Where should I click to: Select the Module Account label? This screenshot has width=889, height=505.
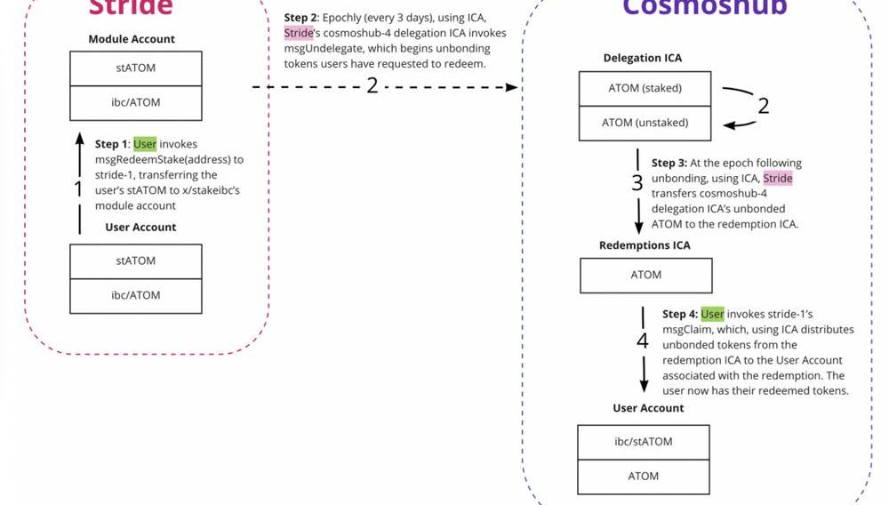pos(132,39)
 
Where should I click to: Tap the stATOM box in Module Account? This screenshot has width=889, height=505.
pos(135,68)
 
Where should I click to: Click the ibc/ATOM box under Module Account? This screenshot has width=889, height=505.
pos(135,102)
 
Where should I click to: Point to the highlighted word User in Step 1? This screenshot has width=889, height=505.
pos(145,144)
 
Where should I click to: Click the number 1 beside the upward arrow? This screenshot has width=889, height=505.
pos(78,188)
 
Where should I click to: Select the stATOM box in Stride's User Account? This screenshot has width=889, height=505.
pos(135,261)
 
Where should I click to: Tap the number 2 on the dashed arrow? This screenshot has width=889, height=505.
pos(372,87)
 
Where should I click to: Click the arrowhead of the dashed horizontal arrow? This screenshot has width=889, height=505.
pos(512,87)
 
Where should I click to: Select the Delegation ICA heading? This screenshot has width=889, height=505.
pos(643,58)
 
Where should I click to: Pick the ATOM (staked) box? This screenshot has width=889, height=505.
pos(645,89)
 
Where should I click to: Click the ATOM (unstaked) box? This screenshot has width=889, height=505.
pos(645,123)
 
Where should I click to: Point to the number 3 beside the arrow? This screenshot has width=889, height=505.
pos(637,183)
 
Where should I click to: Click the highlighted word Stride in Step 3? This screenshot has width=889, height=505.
pos(778,179)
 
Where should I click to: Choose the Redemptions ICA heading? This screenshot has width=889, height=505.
pos(645,245)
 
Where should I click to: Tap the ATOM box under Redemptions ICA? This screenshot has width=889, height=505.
pos(645,276)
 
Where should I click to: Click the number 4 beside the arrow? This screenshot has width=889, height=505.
pos(643,341)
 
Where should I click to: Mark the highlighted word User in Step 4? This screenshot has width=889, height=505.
pos(712,314)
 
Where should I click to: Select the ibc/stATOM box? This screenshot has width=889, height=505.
pos(644,442)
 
